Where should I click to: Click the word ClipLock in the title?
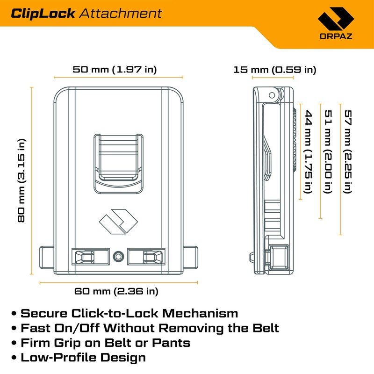43,13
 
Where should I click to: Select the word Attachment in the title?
120,13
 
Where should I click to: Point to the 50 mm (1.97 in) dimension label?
115,70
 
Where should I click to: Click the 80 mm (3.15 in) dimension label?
22,180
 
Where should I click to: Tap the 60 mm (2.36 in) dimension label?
116,291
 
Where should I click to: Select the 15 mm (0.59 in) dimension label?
275,70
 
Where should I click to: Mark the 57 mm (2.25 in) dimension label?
348,151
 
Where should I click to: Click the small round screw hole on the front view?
118,255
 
